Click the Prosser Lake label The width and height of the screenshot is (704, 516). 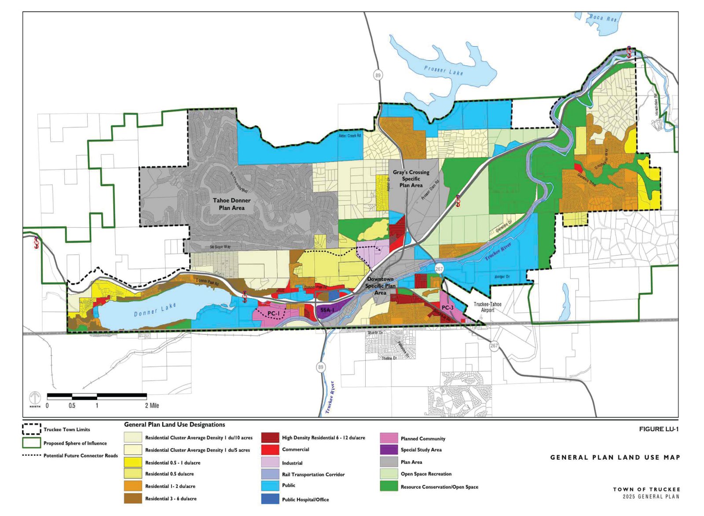(x=443, y=70)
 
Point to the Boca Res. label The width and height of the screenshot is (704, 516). (x=603, y=18)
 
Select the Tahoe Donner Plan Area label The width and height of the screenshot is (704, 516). (x=231, y=204)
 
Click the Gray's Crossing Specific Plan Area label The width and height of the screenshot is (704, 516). (x=411, y=179)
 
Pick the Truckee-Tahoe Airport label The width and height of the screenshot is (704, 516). (x=487, y=307)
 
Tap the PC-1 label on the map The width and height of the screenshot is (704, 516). (x=273, y=314)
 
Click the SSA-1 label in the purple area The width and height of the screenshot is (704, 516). (x=327, y=310)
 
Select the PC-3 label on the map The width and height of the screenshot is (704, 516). (x=447, y=308)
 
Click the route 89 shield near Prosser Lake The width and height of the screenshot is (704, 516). (x=378, y=75)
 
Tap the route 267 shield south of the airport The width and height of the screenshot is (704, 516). (x=494, y=346)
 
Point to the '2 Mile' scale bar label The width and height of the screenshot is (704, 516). (x=152, y=406)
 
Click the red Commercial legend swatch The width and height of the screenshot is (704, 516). (x=270, y=450)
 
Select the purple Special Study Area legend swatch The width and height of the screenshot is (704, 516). (x=389, y=450)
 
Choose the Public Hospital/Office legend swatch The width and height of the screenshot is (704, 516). (x=270, y=499)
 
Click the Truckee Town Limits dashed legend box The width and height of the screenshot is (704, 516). (x=32, y=429)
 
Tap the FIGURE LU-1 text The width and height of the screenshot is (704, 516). (x=658, y=429)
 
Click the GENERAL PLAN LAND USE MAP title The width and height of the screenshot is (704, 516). (x=615, y=457)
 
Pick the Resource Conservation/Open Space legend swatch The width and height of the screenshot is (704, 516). (x=389, y=487)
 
